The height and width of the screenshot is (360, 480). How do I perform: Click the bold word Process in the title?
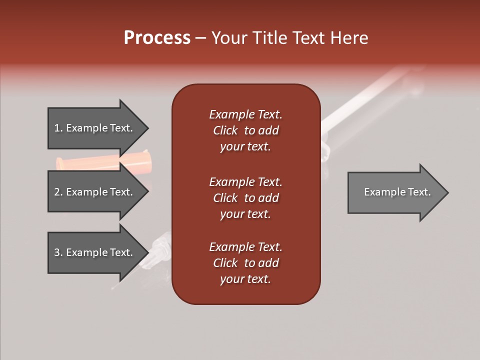[x=157, y=38]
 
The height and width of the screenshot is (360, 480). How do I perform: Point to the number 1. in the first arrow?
[x=58, y=128]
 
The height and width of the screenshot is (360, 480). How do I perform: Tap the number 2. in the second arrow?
[x=58, y=192]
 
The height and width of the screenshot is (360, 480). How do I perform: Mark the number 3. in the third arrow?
[x=58, y=252]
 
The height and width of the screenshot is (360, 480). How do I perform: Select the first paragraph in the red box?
[x=245, y=130]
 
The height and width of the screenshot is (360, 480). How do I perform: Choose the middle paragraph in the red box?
[x=245, y=198]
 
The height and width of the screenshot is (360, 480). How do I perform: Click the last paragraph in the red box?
[x=245, y=263]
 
